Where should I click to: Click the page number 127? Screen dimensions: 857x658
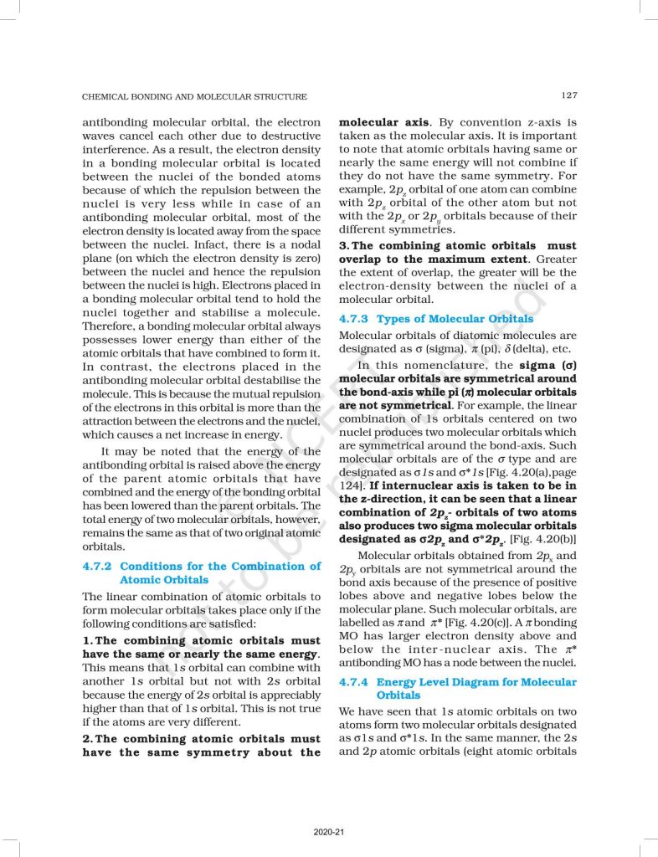(568, 96)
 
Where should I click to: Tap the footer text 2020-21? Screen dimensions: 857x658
(329, 832)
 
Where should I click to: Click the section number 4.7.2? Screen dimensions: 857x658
(101, 566)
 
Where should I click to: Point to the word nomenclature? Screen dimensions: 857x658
(441, 366)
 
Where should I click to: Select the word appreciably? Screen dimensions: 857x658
(285, 695)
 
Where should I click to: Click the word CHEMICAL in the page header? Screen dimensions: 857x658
(106, 96)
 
